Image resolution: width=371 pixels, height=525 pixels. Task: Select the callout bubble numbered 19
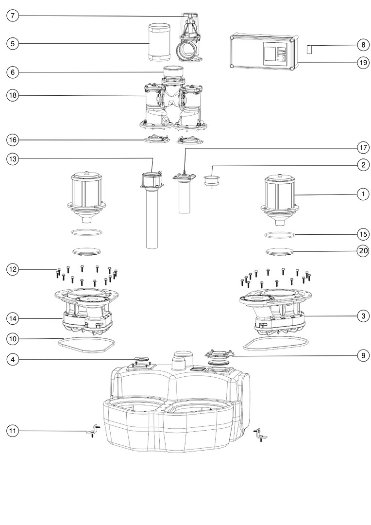click(x=363, y=62)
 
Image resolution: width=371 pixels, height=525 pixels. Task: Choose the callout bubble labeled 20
click(x=363, y=251)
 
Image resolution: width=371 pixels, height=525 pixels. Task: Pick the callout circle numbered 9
click(x=363, y=356)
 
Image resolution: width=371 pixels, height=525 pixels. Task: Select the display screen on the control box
click(x=270, y=52)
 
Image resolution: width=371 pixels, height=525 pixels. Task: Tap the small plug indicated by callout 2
click(x=211, y=181)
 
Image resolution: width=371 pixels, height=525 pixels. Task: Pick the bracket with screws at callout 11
click(x=92, y=431)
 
